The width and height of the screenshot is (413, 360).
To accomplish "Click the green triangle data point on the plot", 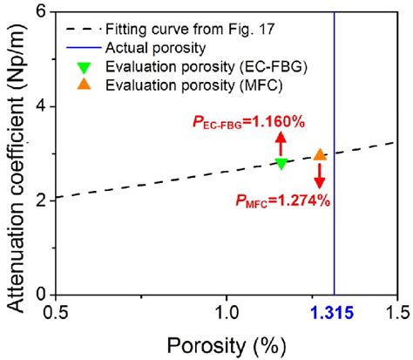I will point(281,163).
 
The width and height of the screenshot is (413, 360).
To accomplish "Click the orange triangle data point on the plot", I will point(320,154).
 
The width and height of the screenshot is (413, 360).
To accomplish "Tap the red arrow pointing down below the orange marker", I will point(320,176).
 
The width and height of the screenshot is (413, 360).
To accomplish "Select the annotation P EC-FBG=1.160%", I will point(248,123).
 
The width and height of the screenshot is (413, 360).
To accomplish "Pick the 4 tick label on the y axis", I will point(42,106).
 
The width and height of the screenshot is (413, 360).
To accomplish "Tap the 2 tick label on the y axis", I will point(42,200).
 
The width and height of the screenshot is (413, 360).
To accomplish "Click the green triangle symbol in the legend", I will point(80,66).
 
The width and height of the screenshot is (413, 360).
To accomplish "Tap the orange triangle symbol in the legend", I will point(80,85).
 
